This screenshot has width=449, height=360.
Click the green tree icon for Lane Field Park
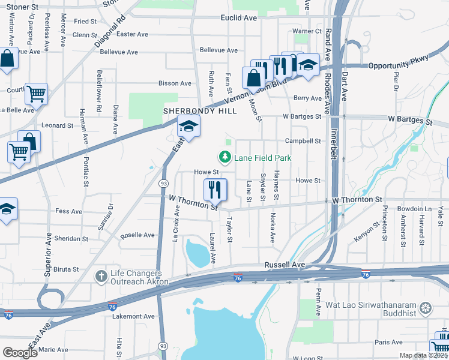(x=225, y=158)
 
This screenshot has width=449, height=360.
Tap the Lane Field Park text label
(x=263, y=158)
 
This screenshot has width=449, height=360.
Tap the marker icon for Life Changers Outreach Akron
(x=101, y=276)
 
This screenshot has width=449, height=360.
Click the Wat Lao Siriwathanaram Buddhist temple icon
(x=426, y=308)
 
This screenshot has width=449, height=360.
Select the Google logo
(x=20, y=353)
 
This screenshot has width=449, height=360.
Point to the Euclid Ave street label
(x=238, y=19)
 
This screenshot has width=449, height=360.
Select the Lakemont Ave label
(x=138, y=316)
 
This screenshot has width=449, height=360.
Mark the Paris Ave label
(x=388, y=342)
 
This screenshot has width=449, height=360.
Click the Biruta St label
(x=69, y=269)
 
